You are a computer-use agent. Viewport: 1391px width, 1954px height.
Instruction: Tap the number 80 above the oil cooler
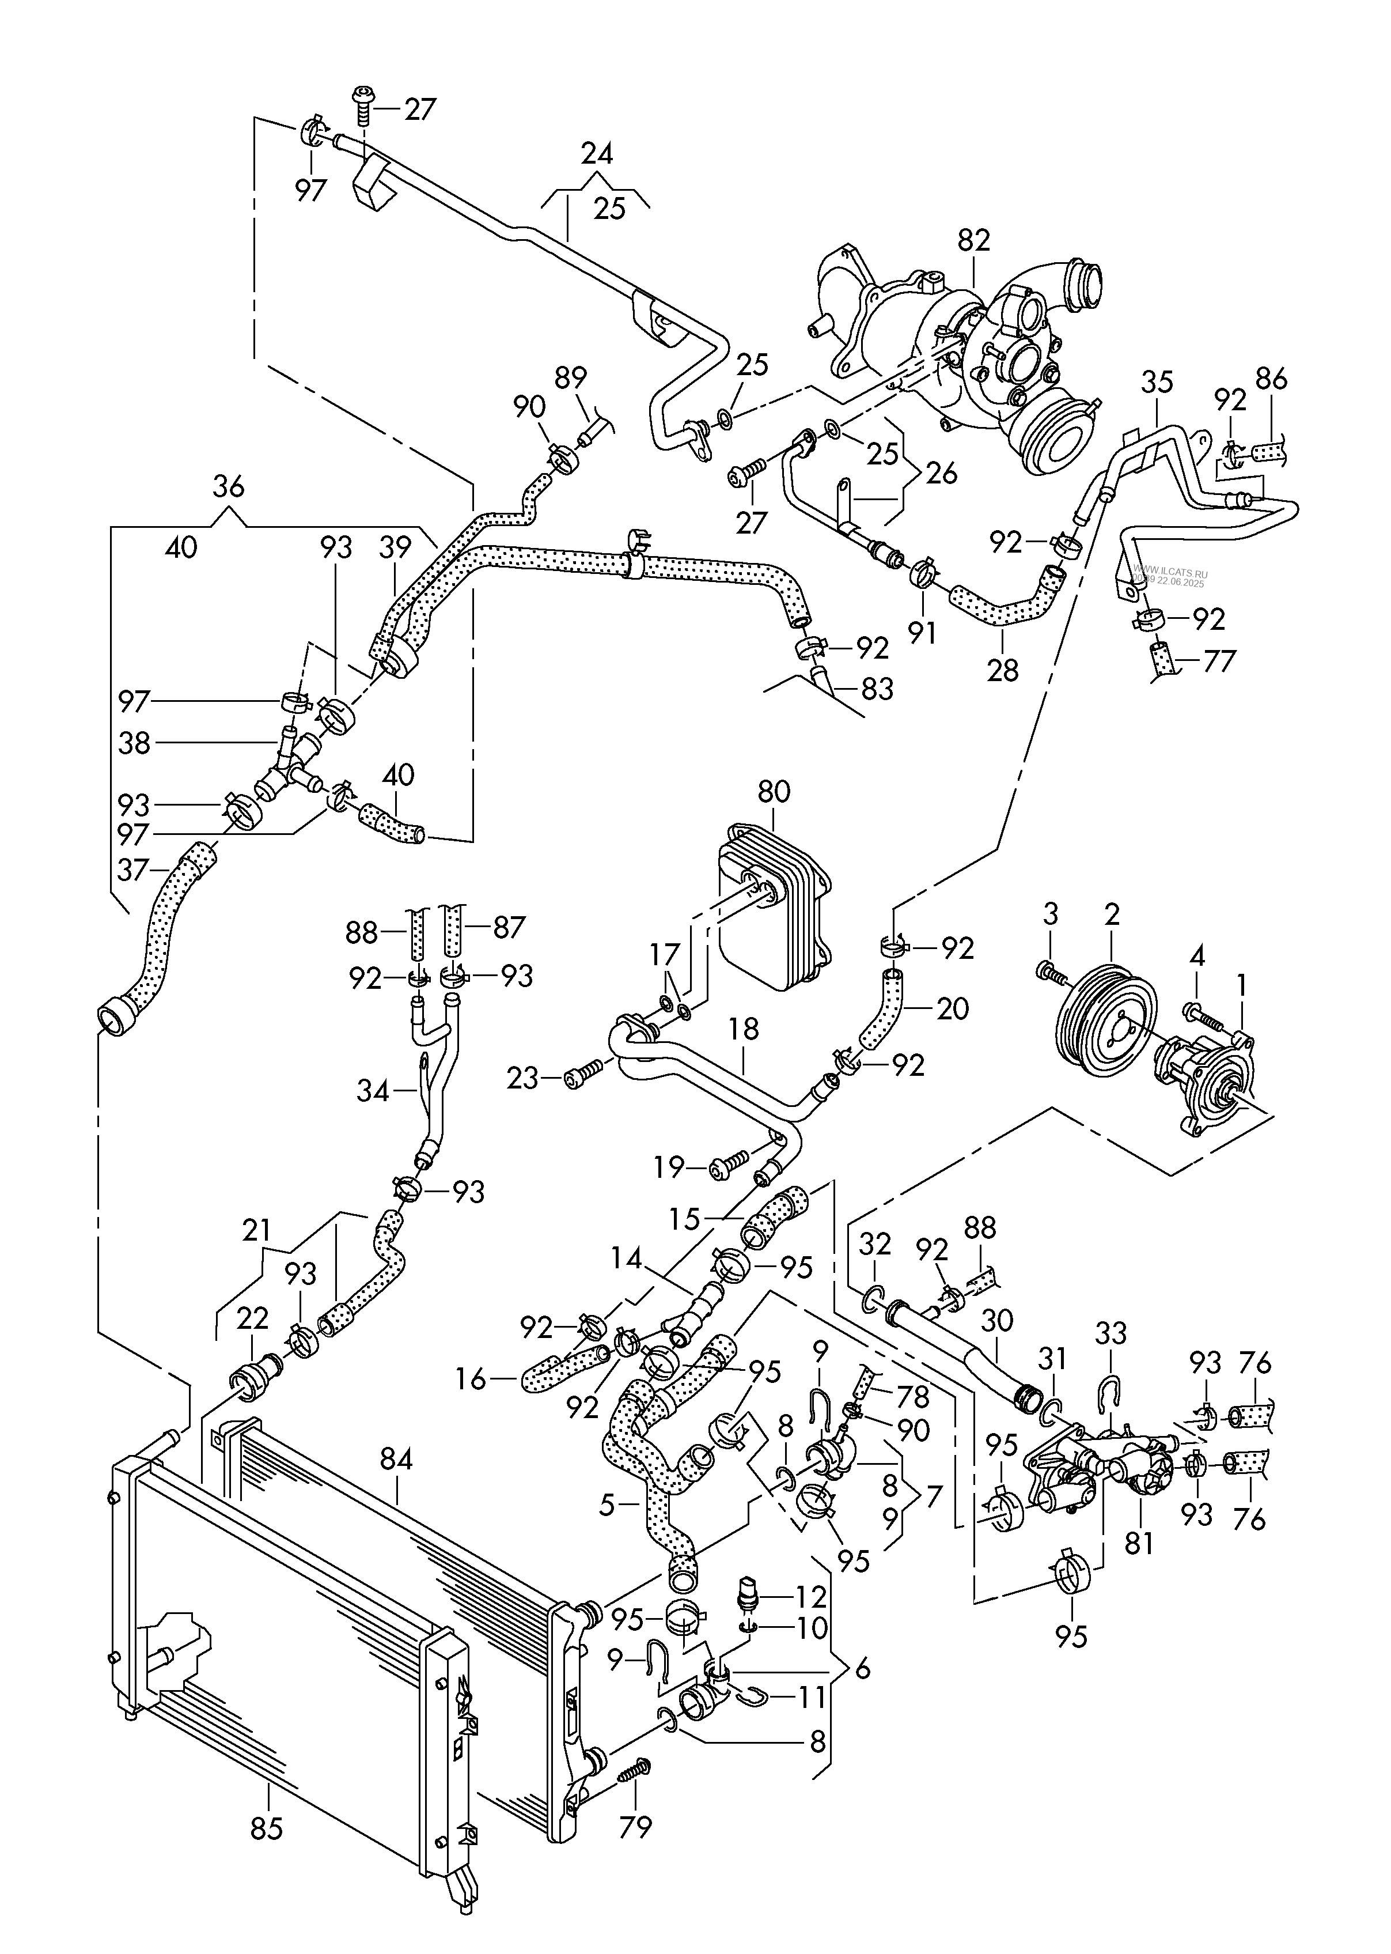774,792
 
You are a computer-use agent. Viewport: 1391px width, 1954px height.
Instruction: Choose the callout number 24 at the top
597,154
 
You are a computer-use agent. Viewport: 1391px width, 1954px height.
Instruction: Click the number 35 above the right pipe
1157,382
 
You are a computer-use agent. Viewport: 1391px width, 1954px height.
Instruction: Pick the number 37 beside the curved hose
134,870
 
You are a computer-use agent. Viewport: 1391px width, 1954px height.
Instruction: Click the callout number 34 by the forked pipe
373,1091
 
